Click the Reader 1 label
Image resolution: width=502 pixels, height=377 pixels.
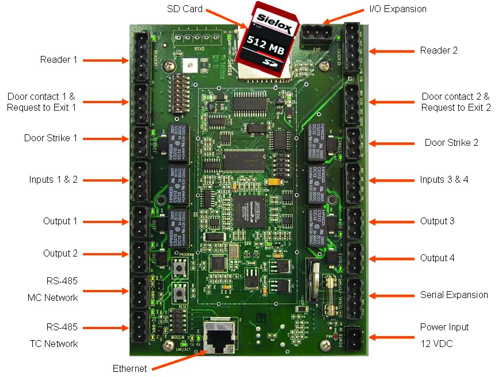(x=58, y=59)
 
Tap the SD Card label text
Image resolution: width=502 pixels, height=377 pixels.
(x=185, y=9)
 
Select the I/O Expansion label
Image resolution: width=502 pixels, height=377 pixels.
(x=397, y=9)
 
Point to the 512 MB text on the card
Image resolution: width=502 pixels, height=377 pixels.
(x=264, y=43)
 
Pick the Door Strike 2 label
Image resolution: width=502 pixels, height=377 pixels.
(x=451, y=142)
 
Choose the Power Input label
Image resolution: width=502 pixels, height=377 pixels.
(x=444, y=327)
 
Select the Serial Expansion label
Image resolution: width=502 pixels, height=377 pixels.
(x=454, y=295)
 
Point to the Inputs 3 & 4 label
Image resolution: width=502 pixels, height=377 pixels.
(x=444, y=179)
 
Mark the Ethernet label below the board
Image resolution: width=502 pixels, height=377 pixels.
(x=130, y=368)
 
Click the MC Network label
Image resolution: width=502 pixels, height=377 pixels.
(x=52, y=297)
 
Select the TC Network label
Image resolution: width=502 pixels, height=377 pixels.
(x=54, y=344)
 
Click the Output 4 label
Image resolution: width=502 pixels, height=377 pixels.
(x=438, y=258)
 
